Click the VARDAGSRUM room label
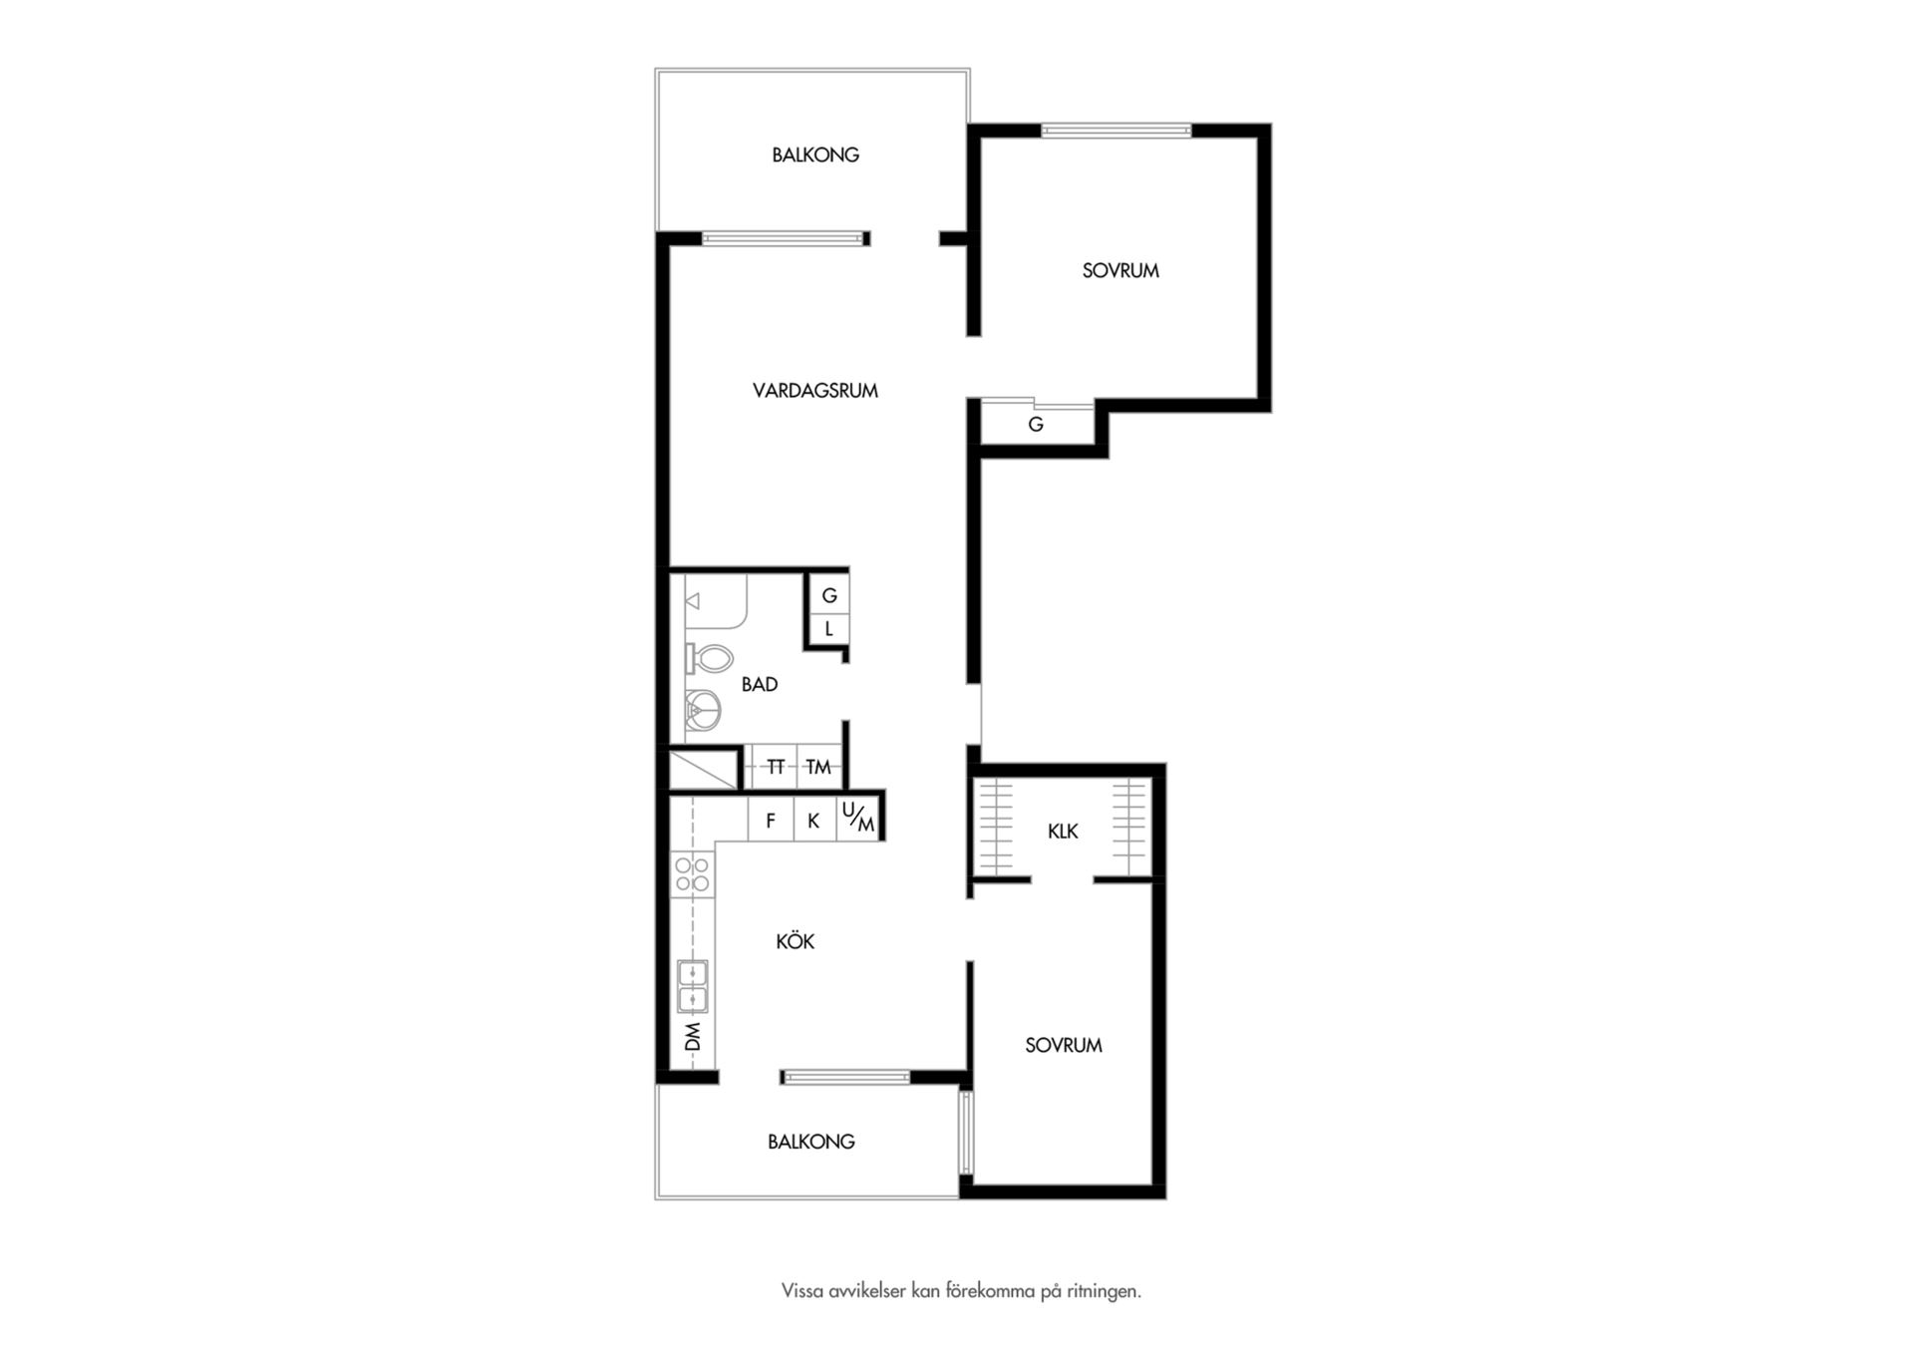(814, 391)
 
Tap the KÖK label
(796, 941)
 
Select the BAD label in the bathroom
(760, 685)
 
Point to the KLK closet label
(1063, 832)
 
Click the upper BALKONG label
(815, 156)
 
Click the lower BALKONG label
(811, 1142)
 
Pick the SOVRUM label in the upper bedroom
(1120, 270)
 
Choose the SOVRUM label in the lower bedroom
(1064, 1045)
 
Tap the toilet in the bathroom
(709, 658)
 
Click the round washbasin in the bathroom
(704, 710)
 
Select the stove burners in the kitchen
(693, 874)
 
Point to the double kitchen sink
(693, 986)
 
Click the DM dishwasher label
(693, 1037)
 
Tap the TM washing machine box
(818, 767)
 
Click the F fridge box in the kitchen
(771, 821)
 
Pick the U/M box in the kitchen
(858, 818)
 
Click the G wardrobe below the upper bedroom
(1037, 424)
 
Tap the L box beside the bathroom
(828, 629)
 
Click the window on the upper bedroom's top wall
(1116, 130)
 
